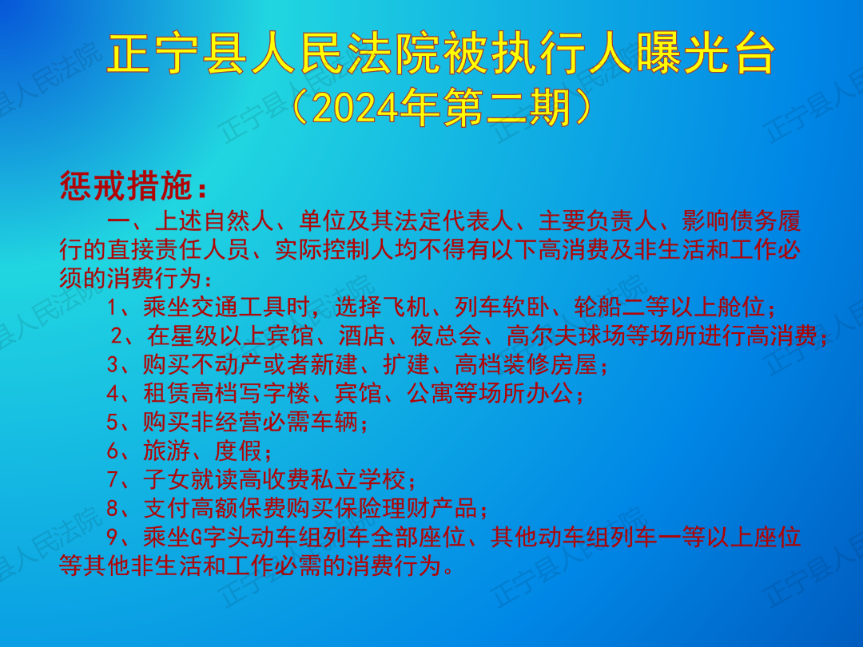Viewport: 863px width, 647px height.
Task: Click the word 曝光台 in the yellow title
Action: [x=706, y=53]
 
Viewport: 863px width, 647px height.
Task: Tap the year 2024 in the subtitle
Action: [x=355, y=107]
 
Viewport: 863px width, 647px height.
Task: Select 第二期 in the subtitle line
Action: [x=506, y=107]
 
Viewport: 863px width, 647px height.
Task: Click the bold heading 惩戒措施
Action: [x=126, y=185]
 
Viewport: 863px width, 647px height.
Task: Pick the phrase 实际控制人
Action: [x=335, y=249]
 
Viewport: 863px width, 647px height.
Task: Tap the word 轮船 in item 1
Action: [x=597, y=307]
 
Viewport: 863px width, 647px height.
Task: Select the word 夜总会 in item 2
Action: [x=447, y=335]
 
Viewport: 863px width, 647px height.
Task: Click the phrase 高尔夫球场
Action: [x=567, y=335]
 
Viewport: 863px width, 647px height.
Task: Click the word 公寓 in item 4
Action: [x=431, y=393]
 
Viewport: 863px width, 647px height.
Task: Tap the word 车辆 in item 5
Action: [x=335, y=422]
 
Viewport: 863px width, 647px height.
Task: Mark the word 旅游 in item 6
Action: [x=167, y=451]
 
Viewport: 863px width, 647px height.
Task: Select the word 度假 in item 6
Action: [x=238, y=451]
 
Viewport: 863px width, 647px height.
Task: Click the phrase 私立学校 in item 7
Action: [x=358, y=479]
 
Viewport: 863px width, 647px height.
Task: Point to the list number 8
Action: [x=113, y=508]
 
